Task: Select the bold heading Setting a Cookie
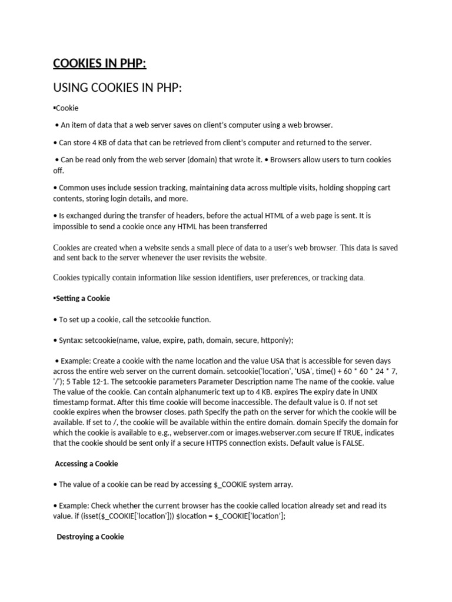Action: pyautogui.click(x=82, y=298)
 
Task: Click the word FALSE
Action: pyautogui.click(x=351, y=443)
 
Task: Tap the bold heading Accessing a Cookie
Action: pyautogui.click(x=87, y=464)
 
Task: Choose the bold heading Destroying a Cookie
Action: pyautogui.click(x=90, y=537)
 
